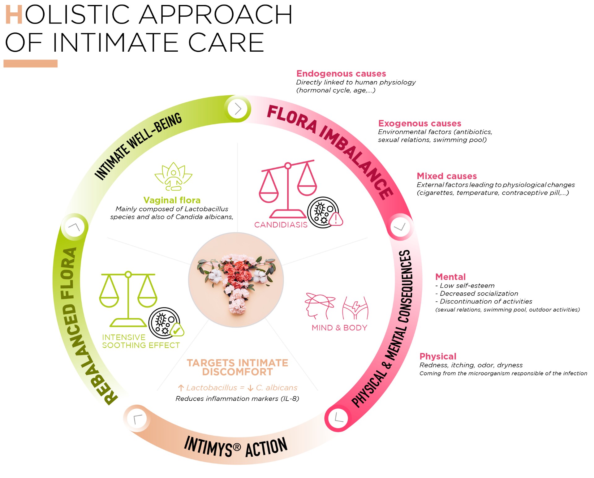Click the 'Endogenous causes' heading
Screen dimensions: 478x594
tap(341, 74)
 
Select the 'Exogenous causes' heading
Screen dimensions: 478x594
tap(420, 123)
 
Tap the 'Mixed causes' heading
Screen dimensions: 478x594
tap(446, 176)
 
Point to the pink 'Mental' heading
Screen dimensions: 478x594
tap(450, 277)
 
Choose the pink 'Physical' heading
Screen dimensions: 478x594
tap(438, 356)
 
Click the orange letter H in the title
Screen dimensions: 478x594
tap(14, 15)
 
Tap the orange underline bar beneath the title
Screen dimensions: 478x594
tap(30, 63)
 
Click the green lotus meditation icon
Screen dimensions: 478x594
tap(173, 176)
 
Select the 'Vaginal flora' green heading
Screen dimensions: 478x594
tap(172, 200)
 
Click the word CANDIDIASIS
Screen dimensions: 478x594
tap(281, 225)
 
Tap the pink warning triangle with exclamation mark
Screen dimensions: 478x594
tap(336, 219)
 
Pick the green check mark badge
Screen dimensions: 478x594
tap(177, 330)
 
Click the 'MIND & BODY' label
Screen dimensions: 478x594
tap(339, 328)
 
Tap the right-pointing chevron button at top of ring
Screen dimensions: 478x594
tap(238, 109)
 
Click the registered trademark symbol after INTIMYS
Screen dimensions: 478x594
tap(237, 447)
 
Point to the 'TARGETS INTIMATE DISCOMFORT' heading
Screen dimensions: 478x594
tap(237, 367)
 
